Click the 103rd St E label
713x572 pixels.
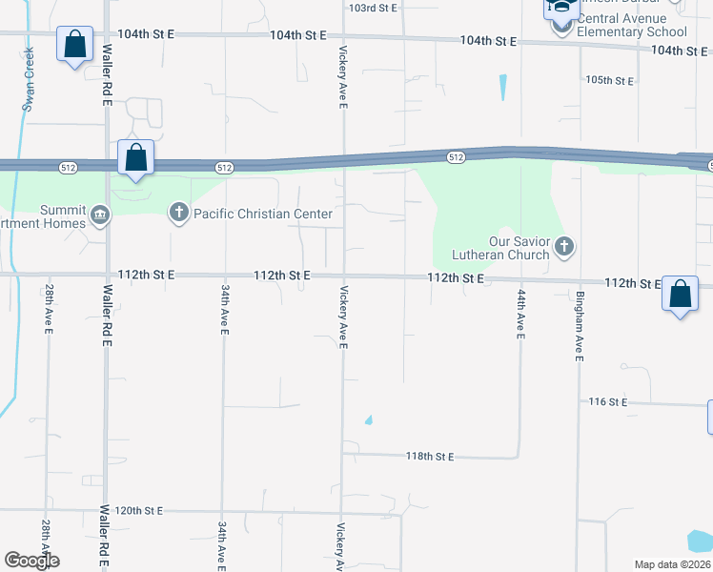coord(372,8)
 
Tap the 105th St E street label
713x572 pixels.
coord(610,80)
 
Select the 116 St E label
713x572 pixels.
coord(607,403)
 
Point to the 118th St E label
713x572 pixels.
coord(429,457)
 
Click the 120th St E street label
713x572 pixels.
coord(139,511)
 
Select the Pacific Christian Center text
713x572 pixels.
coord(263,214)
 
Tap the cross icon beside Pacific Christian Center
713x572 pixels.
coord(179,214)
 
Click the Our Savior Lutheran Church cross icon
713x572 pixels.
coord(564,248)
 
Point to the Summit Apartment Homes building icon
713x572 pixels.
coord(99,216)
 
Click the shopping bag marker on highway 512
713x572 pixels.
coord(136,157)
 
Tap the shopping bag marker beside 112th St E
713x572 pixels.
coord(681,294)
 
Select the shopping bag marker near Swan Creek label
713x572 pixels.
coord(74,44)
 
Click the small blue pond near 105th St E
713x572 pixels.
coord(502,88)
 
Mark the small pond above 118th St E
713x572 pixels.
coord(368,419)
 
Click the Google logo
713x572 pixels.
coord(31,561)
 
